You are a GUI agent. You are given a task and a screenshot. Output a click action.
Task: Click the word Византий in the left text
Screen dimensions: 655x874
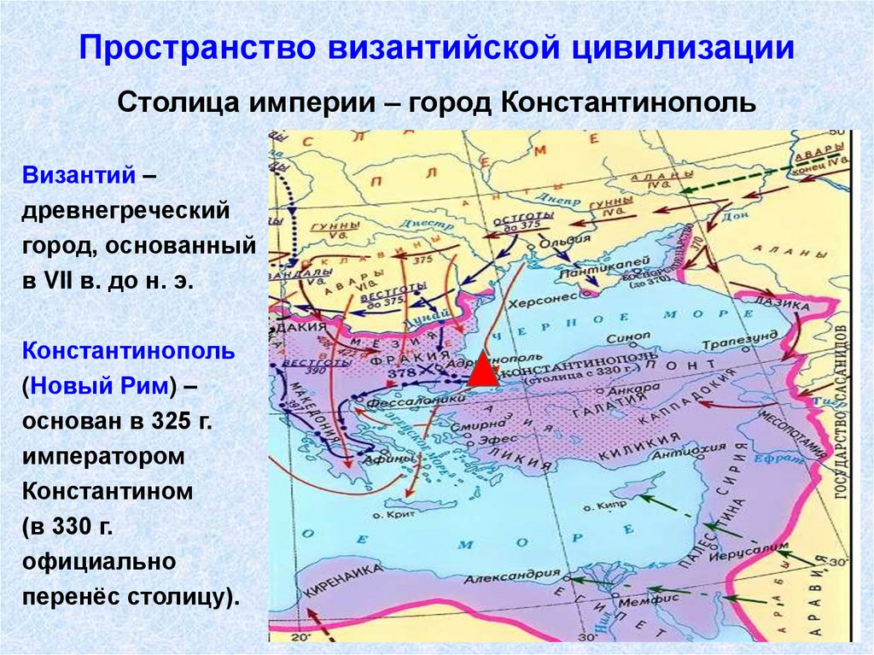[x=79, y=175]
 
